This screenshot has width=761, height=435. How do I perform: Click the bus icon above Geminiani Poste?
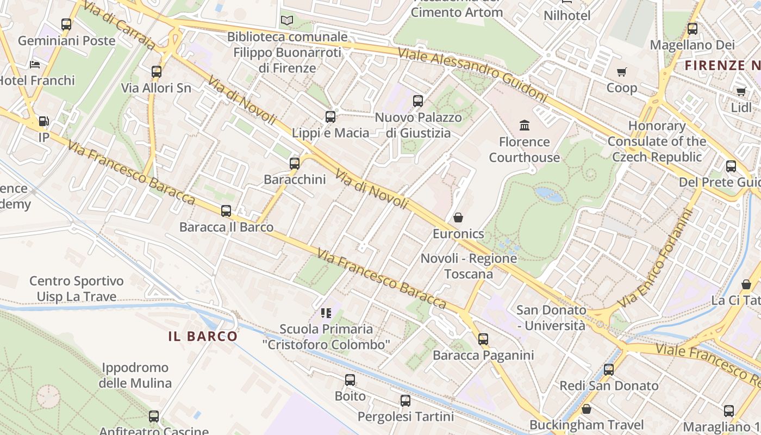[x=66, y=24]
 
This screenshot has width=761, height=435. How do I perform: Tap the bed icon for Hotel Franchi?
[x=35, y=65]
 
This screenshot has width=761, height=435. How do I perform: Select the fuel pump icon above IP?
[x=43, y=121]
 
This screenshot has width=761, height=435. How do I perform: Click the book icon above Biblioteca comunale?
[x=287, y=21]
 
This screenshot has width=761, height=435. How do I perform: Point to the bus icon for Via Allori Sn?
[x=157, y=71]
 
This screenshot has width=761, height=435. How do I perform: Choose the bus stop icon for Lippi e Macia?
[x=330, y=116]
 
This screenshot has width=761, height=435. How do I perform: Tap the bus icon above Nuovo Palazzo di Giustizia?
[x=417, y=101]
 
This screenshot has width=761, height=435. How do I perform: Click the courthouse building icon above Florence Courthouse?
[x=525, y=126]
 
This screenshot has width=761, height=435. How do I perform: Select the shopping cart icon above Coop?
[x=622, y=72]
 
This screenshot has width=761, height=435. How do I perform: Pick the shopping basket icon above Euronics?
[x=458, y=217]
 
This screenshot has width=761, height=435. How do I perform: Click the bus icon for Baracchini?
[x=295, y=163]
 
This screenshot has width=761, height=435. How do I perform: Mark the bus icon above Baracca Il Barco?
[x=226, y=211]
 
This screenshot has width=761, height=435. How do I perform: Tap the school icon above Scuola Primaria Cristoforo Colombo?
[x=326, y=313]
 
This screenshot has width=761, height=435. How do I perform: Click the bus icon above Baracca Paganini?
[x=483, y=339]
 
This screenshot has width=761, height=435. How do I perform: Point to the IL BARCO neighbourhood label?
[x=203, y=336]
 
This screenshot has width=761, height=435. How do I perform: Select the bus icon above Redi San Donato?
[x=609, y=370]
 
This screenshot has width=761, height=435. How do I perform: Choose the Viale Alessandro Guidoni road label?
[x=472, y=75]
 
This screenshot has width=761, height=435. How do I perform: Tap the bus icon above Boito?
[x=350, y=380]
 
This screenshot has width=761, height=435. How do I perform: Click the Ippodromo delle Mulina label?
[x=135, y=375]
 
